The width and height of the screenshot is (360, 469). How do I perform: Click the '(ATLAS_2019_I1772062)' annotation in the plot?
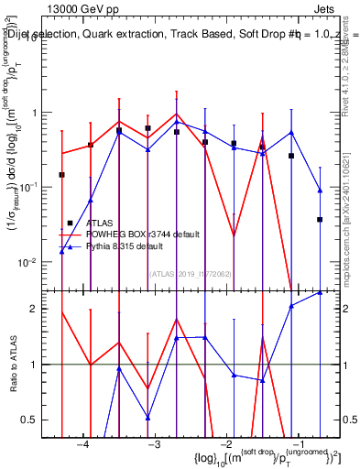tap(191, 273)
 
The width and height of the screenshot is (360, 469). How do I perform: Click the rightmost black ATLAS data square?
tap(320, 220)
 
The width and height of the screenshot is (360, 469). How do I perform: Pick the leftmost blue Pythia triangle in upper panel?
tap(62, 251)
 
